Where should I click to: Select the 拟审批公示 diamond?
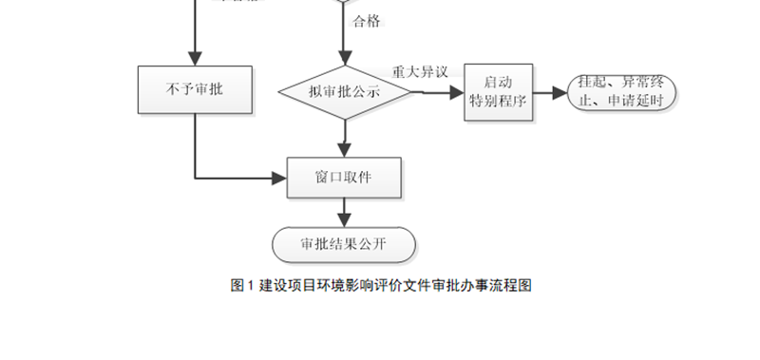(344, 93)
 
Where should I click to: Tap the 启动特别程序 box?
(498, 93)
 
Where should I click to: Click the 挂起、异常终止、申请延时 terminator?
(620, 93)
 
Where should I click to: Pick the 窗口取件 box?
(344, 178)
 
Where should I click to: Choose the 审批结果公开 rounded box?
(344, 243)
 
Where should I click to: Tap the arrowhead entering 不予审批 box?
(195, 58)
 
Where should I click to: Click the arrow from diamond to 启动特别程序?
(437, 93)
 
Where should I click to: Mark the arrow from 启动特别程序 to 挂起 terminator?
(548, 93)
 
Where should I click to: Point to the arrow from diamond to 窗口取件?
(344, 138)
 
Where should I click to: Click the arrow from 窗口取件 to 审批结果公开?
(344, 212)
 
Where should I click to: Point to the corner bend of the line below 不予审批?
(195, 178)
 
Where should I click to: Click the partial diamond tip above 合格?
(344, 3)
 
